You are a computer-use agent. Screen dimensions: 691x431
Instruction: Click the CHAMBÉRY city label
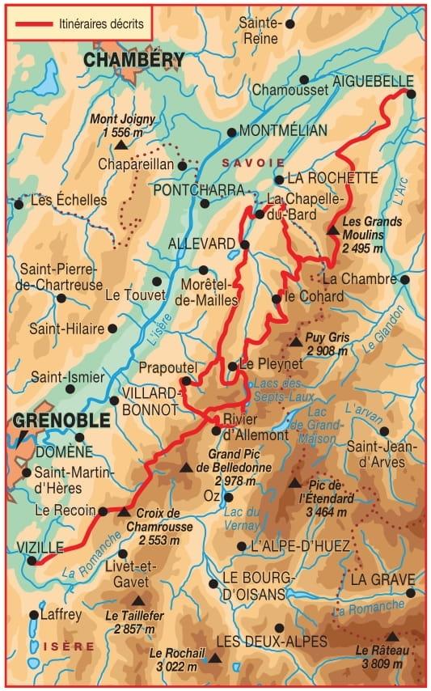pyautogui.click(x=133, y=60)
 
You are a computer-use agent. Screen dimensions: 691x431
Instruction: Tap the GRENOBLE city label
pyautogui.click(x=61, y=421)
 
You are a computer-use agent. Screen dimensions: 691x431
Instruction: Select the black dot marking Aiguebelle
pyautogui.click(x=411, y=94)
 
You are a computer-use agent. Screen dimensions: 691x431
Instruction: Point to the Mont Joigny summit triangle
pyautogui.click(x=120, y=146)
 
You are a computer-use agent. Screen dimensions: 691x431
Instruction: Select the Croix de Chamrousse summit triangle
pyautogui.click(x=124, y=511)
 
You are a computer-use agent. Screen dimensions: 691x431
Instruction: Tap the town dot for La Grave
pyautogui.click(x=411, y=593)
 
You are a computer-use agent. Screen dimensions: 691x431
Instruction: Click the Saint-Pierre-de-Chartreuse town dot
pyautogui.click(x=61, y=298)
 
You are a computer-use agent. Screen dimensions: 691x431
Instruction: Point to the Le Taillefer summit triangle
pyautogui.click(x=139, y=601)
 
